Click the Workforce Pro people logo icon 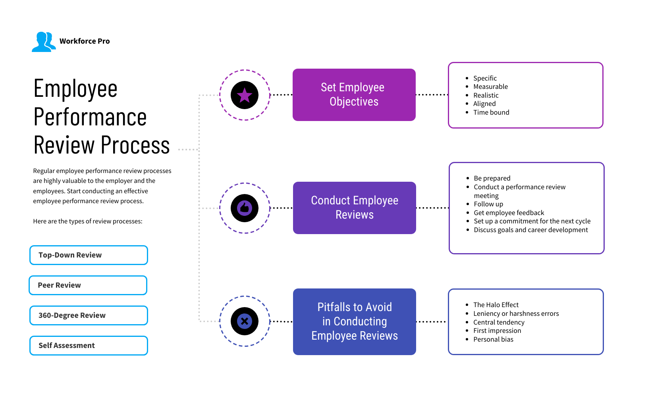pyautogui.click(x=43, y=42)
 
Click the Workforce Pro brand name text pyautogui.click(x=85, y=41)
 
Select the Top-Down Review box pyautogui.click(x=89, y=255)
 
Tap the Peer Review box pyautogui.click(x=88, y=285)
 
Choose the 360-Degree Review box pyautogui.click(x=89, y=315)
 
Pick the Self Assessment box pyautogui.click(x=89, y=346)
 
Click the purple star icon pyautogui.click(x=245, y=95)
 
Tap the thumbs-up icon pyautogui.click(x=245, y=208)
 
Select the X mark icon pyautogui.click(x=245, y=321)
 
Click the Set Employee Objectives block pyautogui.click(x=354, y=95)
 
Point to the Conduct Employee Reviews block pyautogui.click(x=354, y=208)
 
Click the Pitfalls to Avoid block pyautogui.click(x=354, y=321)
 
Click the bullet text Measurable pyautogui.click(x=490, y=86)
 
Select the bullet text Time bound pyautogui.click(x=491, y=112)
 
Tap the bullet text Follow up pyautogui.click(x=488, y=204)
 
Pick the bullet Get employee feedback pyautogui.click(x=509, y=213)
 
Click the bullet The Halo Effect pyautogui.click(x=496, y=305)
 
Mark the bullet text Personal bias pyautogui.click(x=493, y=339)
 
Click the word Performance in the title pyautogui.click(x=90, y=117)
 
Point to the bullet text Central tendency pyautogui.click(x=499, y=322)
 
